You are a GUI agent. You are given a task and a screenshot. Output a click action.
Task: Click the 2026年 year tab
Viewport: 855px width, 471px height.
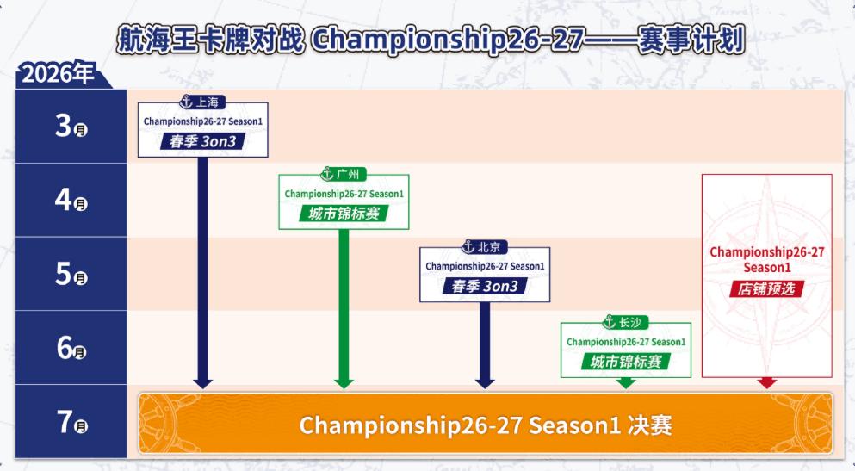coord(58,73)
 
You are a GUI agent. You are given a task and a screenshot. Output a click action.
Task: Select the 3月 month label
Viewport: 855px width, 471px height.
coord(71,126)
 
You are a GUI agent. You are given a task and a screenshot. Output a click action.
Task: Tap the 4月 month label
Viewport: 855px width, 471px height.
coord(71,200)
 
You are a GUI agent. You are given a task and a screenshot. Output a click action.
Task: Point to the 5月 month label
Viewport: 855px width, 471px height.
coord(71,274)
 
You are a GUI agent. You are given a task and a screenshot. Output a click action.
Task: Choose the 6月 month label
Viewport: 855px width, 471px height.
coord(71,347)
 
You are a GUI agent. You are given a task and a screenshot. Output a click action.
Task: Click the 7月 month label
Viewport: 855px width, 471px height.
coord(71,421)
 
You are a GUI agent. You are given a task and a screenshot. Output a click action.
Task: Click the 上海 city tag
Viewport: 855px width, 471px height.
coord(202,102)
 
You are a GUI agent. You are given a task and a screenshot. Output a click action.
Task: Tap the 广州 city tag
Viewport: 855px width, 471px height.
coord(343,174)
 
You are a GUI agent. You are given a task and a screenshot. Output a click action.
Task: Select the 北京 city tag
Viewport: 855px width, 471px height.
coord(484,247)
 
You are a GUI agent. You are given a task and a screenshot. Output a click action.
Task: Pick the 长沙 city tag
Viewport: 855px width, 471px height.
coord(625,322)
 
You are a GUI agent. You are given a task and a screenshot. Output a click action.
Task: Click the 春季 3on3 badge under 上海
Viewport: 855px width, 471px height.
coord(203,142)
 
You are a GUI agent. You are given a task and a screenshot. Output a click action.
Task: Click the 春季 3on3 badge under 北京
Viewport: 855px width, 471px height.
coord(485,286)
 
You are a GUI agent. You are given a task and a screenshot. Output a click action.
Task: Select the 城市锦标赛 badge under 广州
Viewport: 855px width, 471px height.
coord(344,214)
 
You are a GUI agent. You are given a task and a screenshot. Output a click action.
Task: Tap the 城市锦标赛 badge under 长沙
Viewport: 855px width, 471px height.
coord(626,362)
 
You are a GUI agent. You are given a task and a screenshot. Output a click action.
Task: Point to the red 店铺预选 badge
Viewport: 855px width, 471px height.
coord(766,289)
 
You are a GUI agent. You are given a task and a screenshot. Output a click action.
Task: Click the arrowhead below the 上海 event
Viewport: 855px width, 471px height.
coord(203,384)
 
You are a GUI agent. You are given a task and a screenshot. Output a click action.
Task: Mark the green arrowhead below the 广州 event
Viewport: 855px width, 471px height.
coord(344,384)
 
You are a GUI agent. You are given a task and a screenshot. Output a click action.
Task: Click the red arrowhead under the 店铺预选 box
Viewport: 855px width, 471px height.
coord(767,382)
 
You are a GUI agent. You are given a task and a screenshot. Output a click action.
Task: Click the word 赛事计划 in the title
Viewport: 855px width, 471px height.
coord(691,40)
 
